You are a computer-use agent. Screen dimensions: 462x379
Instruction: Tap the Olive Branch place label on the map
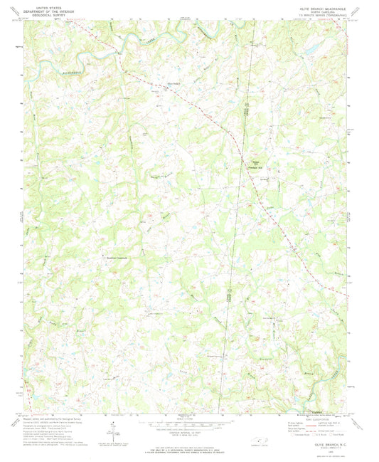[x=174, y=84]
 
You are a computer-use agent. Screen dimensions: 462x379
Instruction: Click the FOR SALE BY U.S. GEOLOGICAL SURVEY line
[x=189, y=447]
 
